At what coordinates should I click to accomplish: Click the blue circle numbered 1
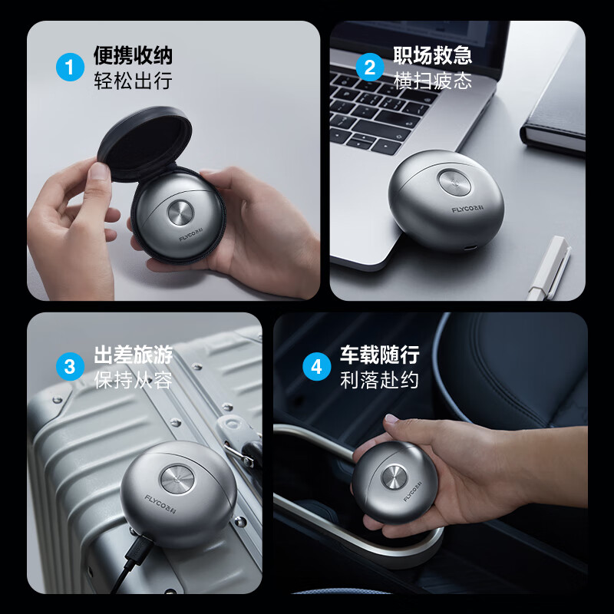[x=70, y=67]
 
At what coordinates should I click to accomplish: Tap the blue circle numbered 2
[x=370, y=67]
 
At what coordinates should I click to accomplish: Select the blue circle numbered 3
[x=70, y=367]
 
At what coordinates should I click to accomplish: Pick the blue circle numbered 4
[x=317, y=367]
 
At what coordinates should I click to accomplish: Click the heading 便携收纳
[x=133, y=55]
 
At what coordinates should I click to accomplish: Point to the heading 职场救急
[x=433, y=55]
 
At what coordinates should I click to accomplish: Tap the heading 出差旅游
[x=133, y=355]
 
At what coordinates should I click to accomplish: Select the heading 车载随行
[x=380, y=355]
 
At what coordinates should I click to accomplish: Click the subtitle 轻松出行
[x=133, y=81]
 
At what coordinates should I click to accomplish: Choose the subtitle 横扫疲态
[x=433, y=81]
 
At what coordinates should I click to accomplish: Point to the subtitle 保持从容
[x=133, y=380]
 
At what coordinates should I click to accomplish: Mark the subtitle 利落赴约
[x=380, y=380]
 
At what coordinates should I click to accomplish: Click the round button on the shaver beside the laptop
[x=454, y=182]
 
